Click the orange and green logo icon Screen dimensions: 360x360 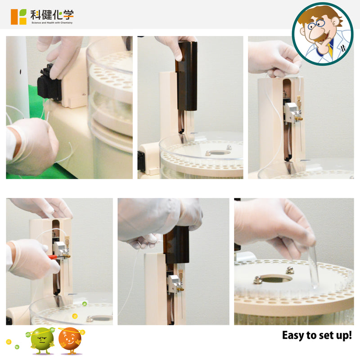[18, 17]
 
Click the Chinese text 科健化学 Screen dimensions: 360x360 [52, 15]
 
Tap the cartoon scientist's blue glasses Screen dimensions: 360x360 [316, 24]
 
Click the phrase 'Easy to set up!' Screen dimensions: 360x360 [317, 335]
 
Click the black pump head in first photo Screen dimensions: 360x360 [49, 82]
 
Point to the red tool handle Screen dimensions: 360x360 [52, 257]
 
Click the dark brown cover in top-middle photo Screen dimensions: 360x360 [187, 76]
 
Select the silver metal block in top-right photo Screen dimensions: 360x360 [292, 112]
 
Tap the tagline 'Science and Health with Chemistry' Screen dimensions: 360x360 [52, 23]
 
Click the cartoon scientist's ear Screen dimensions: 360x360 [335, 23]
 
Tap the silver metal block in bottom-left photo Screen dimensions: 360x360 [60, 249]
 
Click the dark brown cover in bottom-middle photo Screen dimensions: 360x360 [177, 244]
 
